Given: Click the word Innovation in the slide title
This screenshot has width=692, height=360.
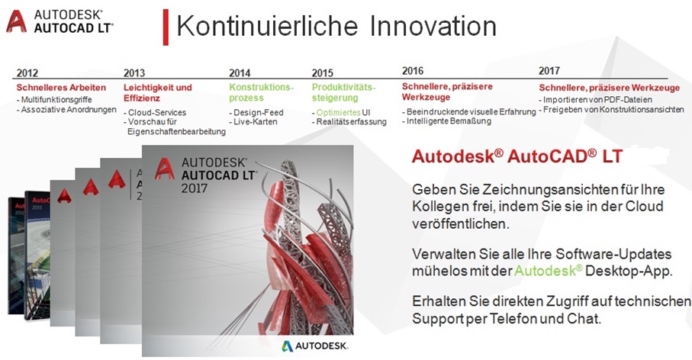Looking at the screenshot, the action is [433, 26].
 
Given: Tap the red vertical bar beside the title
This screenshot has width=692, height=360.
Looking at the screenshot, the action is [166, 27].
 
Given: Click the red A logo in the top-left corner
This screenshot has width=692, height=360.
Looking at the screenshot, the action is [16, 21].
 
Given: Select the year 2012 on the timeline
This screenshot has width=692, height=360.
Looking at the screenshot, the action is [27, 72].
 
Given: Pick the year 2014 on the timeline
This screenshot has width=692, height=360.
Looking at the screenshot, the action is [240, 72].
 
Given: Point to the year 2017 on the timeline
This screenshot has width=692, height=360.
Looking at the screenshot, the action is [549, 71].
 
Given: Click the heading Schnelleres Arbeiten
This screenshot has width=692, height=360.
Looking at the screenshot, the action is [61, 88].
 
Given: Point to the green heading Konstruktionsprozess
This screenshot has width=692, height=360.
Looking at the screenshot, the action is [261, 92].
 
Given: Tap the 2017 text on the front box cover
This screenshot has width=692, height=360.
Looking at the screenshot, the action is [195, 188].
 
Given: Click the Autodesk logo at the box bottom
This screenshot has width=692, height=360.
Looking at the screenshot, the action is [314, 346].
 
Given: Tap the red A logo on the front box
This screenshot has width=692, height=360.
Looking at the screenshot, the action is [165, 169].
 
